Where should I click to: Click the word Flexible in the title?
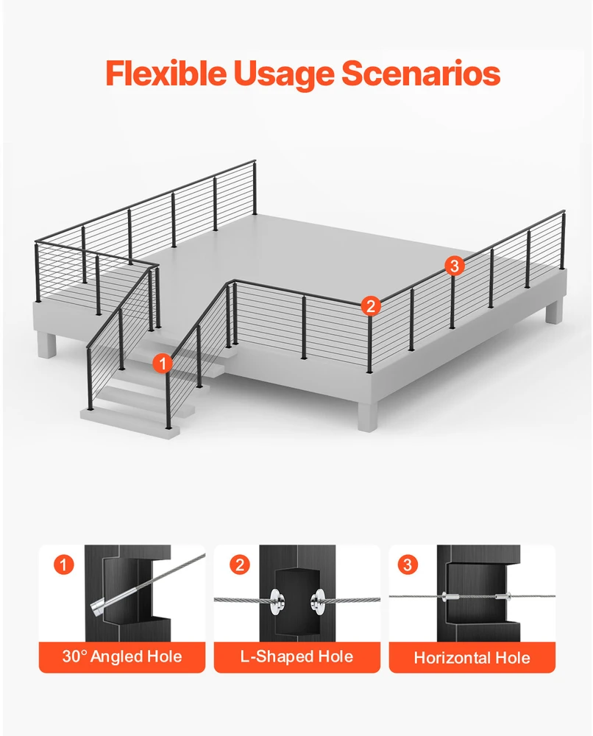coord(165,73)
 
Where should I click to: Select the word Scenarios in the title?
coord(421,73)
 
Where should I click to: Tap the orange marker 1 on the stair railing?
coord(163,364)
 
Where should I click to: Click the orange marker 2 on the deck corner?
coord(371,306)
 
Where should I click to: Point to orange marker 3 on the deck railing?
coord(454,266)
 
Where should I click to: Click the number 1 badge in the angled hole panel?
coord(64,565)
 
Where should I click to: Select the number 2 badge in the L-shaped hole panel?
coord(239,565)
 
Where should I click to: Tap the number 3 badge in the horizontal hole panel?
coord(407,565)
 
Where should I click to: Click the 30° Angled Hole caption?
coord(122,657)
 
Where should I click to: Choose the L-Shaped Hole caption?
coord(297,657)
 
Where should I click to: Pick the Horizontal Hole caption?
coord(472,657)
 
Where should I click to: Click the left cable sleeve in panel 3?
coord(451,597)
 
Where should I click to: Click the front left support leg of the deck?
coord(47,346)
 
